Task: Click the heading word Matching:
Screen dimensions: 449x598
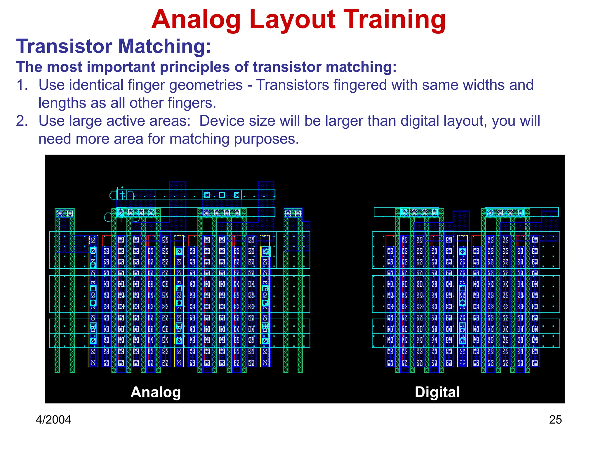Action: click(x=164, y=46)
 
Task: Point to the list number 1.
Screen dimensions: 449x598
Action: click(x=22, y=85)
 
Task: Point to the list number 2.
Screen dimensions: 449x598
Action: click(x=22, y=121)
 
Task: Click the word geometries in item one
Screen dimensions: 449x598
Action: click(x=206, y=85)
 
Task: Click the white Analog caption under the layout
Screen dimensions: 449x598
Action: click(x=156, y=392)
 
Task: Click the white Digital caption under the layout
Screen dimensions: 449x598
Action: click(x=437, y=392)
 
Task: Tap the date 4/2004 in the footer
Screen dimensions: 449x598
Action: click(x=53, y=420)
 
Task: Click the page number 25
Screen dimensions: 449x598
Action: click(x=555, y=420)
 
